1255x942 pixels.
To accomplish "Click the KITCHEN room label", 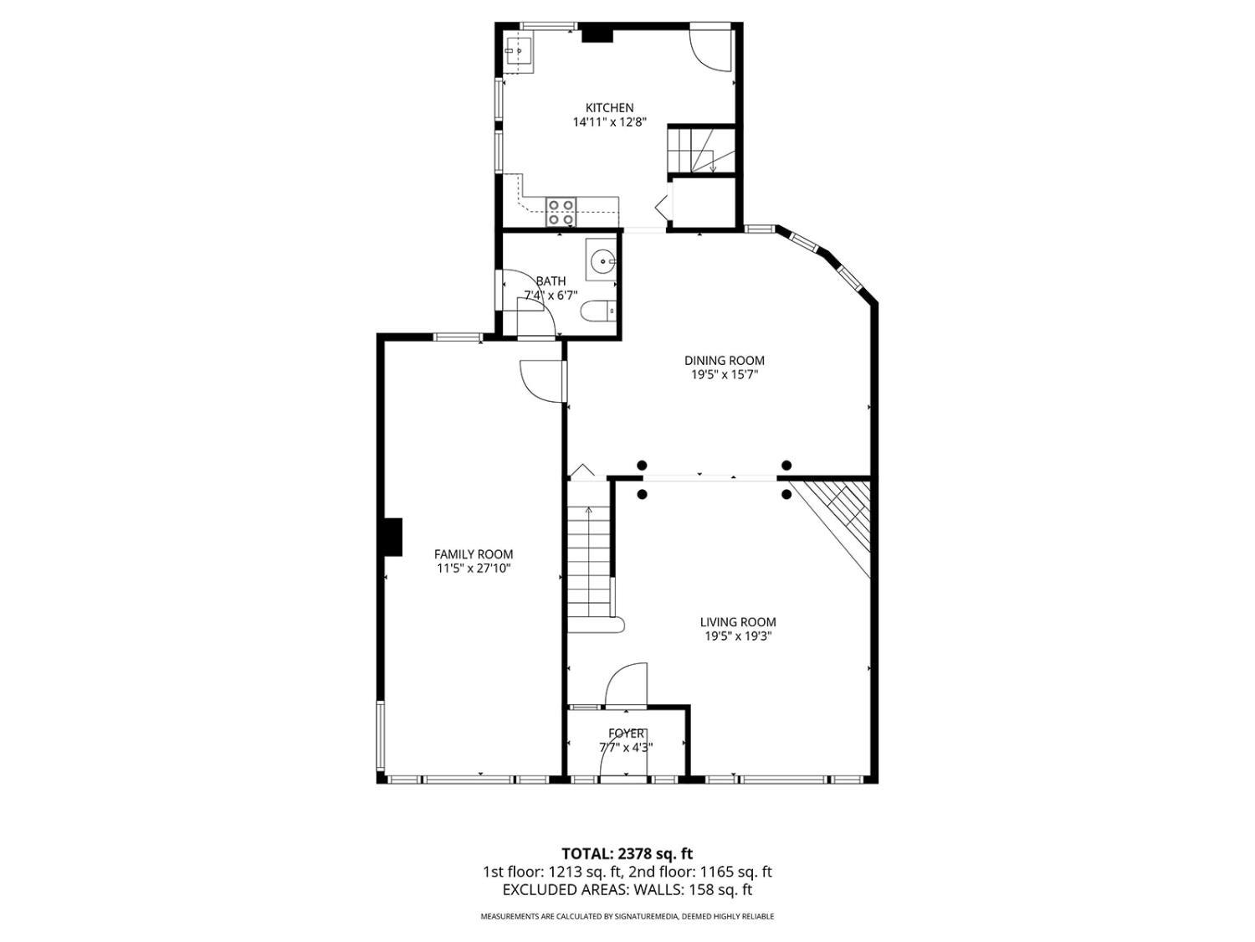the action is click(609, 107).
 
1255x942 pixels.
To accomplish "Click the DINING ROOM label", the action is click(724, 361).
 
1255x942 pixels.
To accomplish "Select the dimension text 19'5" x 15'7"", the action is click(724, 375).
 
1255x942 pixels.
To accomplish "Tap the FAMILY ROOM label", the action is click(474, 554).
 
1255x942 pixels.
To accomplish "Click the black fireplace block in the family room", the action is click(392, 537).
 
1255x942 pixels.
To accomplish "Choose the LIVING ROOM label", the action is click(738, 622).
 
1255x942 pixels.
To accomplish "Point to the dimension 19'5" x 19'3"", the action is click(738, 636).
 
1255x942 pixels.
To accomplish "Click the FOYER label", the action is click(626, 734).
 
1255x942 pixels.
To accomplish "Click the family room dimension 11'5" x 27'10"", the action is click(474, 569).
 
